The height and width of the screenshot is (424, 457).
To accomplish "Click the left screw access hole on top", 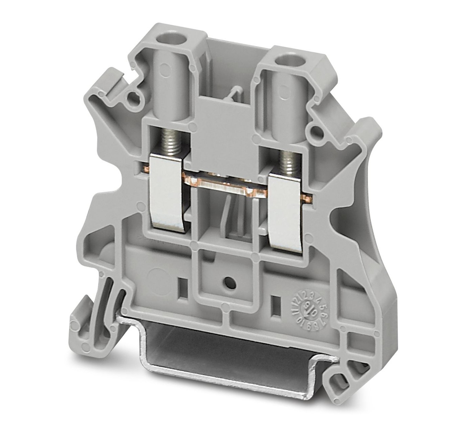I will click(167, 36).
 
